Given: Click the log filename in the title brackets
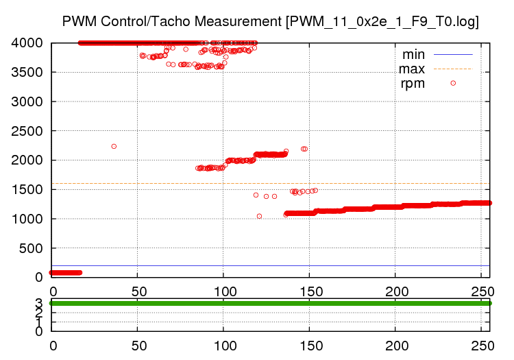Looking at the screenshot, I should [382, 21].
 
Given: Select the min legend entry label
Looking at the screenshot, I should [413, 53].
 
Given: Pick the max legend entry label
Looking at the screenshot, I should [412, 69].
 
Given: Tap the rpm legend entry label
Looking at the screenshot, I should [413, 84].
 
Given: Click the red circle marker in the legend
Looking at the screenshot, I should [453, 83].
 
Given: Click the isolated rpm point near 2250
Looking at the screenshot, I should [114, 146].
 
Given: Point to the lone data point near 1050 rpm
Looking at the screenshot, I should [259, 216].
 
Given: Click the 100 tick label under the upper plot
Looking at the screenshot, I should [223, 289].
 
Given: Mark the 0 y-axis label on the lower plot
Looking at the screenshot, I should [39, 331].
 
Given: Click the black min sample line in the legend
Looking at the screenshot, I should [453, 53].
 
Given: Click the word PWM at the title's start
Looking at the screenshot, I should [77, 21].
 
